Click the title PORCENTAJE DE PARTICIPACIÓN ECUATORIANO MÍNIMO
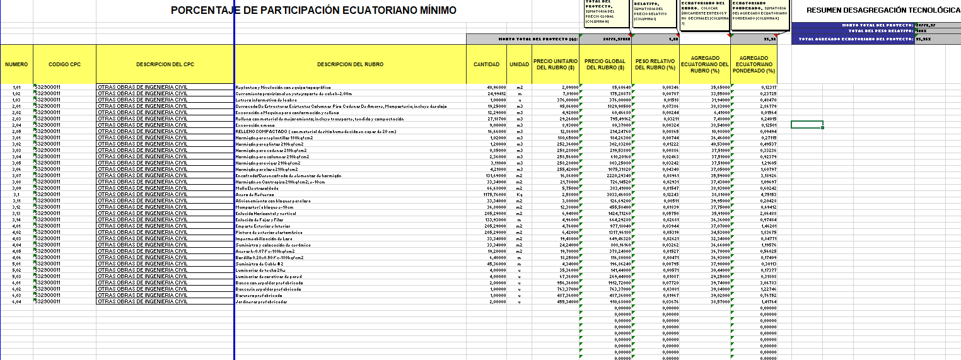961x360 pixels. (x=313, y=11)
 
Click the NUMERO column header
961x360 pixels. (x=16, y=64)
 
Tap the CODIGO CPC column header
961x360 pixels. (x=64, y=64)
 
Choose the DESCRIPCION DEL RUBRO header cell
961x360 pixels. (x=350, y=64)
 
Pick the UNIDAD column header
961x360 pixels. (x=519, y=64)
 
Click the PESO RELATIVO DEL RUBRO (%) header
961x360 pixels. (x=655, y=64)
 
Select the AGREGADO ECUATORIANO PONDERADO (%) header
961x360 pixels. (x=754, y=64)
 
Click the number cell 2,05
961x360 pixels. (x=16, y=132)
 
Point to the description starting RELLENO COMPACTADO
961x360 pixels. (x=315, y=132)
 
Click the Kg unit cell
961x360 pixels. (x=519, y=194)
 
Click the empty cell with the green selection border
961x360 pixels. (x=807, y=124)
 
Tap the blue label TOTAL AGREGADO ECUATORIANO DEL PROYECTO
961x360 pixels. (x=856, y=39)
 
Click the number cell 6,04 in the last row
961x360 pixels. (x=16, y=302)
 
